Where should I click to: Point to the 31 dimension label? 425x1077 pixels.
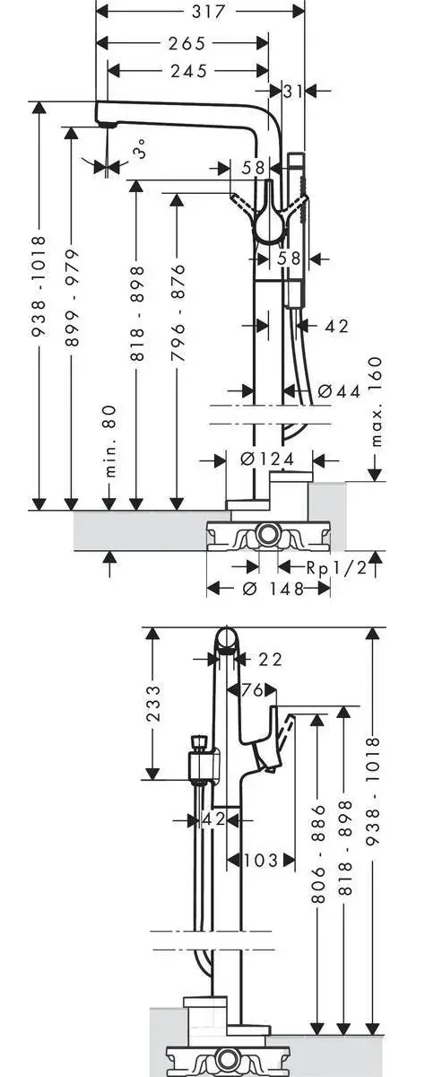click(292, 90)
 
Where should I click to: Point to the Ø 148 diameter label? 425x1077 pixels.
click(269, 589)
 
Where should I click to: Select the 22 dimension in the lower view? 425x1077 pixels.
click(270, 660)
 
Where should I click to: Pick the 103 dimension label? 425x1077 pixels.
click(260, 860)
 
